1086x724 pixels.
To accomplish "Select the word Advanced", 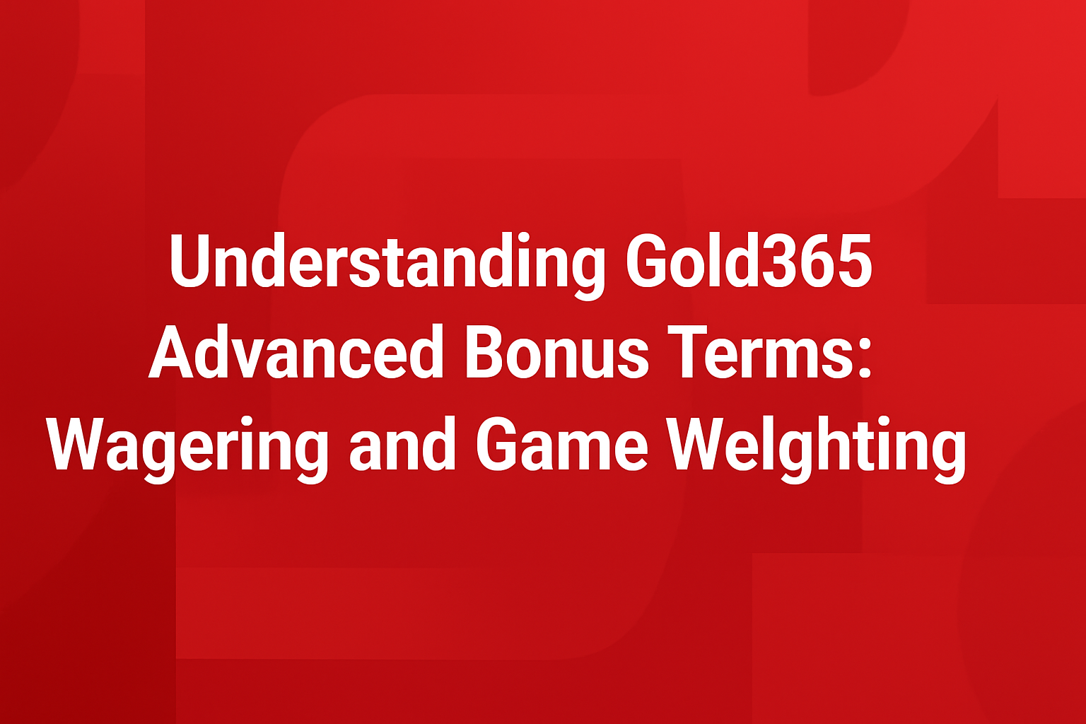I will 296,354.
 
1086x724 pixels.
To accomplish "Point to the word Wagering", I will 188,447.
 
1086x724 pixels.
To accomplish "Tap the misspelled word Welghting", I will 817,447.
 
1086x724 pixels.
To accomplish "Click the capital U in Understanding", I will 192,262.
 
